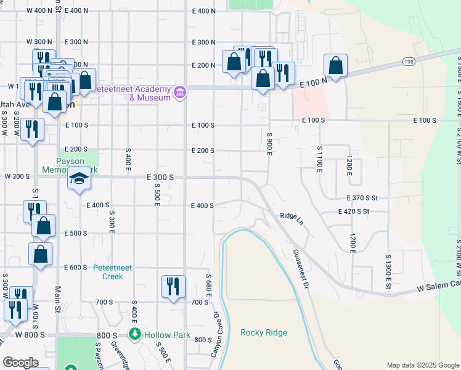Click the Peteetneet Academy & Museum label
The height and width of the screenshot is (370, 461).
pos(133,93)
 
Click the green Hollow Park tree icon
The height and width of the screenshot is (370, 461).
pos(135,334)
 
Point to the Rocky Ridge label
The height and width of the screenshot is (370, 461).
pos(264,333)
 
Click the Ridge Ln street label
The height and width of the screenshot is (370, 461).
pos(292,217)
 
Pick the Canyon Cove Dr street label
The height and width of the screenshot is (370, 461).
pos(216,335)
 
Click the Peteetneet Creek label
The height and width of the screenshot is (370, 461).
pos(108,272)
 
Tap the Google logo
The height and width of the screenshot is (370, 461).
pos(20,363)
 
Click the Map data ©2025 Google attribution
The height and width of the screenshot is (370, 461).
pos(422,365)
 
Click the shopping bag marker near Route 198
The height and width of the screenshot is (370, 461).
pos(335,65)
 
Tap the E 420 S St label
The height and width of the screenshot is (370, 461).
pos(362,212)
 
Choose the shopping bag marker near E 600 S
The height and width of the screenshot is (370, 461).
pos(40,254)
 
